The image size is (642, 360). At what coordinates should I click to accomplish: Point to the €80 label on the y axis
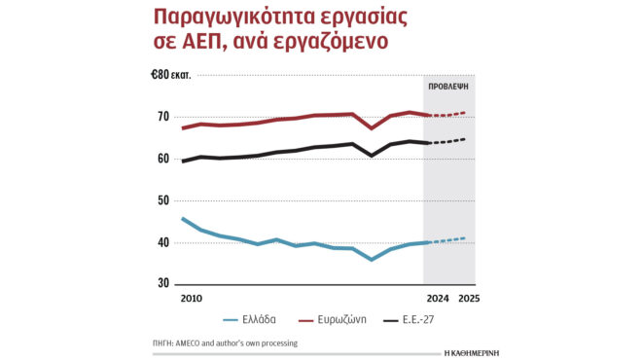click(x=159, y=76)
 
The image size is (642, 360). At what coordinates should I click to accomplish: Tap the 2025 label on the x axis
click(x=469, y=299)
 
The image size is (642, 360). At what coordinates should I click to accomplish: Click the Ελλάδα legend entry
click(x=259, y=318)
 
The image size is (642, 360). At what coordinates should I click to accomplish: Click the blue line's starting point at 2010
click(x=183, y=219)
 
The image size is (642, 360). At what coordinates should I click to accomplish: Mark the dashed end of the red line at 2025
click(x=465, y=113)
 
